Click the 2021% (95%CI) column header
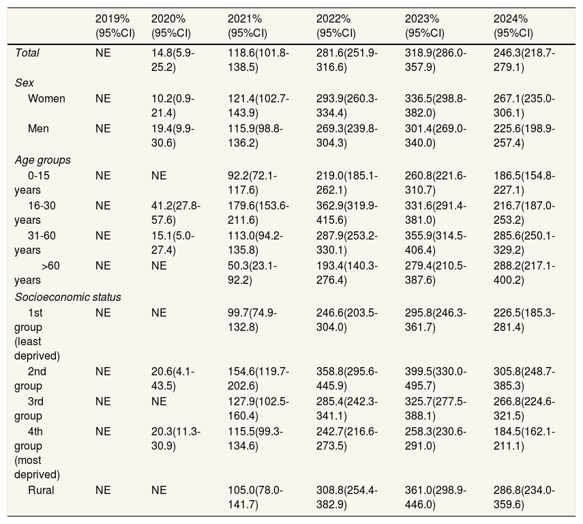click(248, 26)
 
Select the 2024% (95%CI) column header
click(513, 26)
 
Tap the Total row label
click(27, 53)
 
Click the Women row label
click(46, 99)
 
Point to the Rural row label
click(41, 490)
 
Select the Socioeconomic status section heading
click(68, 297)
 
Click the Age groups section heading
click(42, 160)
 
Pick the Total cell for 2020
click(173, 60)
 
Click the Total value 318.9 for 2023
click(436, 60)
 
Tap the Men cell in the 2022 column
click(347, 136)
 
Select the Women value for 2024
click(524, 106)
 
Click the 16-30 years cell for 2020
click(176, 213)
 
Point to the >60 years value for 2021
click(252, 273)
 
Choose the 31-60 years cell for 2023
click(436, 243)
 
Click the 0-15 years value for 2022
click(347, 183)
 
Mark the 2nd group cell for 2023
click(436, 379)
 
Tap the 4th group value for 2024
click(524, 439)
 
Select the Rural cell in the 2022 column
click(347, 497)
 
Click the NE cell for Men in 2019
click(103, 129)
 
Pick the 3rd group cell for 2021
click(258, 409)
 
